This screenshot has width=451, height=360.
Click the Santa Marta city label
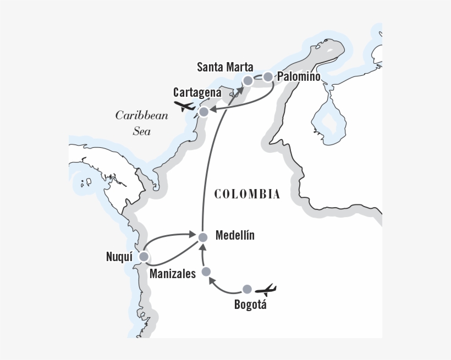point(225,68)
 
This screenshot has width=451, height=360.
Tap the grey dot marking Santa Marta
point(248,81)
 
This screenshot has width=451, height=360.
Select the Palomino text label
point(299,77)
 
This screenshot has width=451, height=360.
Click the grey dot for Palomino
point(268,77)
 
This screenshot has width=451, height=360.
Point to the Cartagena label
point(197,92)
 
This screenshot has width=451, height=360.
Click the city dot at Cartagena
point(204,112)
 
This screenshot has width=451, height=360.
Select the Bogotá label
point(250,305)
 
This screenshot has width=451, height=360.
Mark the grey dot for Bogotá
point(248,289)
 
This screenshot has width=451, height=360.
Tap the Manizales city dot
point(206,272)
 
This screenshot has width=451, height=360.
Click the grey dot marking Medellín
point(202,237)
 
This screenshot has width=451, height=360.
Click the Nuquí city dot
point(144,257)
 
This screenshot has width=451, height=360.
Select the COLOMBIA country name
point(247,194)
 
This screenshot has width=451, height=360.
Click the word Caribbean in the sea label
point(134,115)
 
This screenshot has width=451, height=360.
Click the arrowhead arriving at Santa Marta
point(240,87)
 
